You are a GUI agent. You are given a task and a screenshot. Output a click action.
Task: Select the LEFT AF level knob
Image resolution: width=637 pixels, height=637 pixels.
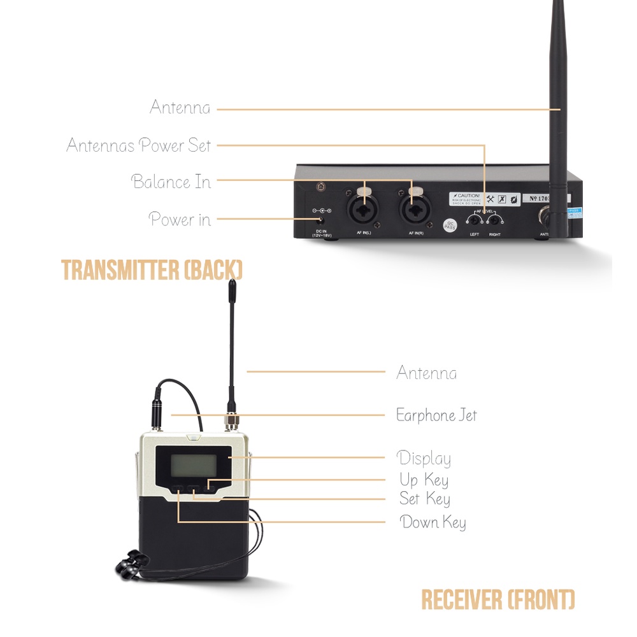(x=475, y=220)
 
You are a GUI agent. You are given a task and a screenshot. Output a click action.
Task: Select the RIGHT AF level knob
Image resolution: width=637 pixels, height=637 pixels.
(x=494, y=220)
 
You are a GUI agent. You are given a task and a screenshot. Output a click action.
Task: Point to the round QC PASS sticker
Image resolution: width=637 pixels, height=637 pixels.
(x=450, y=225)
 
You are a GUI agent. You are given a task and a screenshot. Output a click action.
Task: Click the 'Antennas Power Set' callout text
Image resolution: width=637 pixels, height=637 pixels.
(x=139, y=145)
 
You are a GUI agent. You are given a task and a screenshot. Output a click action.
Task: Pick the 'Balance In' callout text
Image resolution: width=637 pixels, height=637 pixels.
(x=171, y=182)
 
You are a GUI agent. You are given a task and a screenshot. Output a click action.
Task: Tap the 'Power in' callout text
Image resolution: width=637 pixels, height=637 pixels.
(x=179, y=219)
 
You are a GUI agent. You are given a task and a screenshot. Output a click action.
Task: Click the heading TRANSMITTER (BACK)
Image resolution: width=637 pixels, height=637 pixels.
(x=152, y=270)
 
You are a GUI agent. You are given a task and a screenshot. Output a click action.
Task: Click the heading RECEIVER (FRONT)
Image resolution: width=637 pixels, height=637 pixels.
(x=497, y=599)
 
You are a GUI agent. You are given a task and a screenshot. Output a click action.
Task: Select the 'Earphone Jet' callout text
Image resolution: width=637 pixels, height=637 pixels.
(x=436, y=415)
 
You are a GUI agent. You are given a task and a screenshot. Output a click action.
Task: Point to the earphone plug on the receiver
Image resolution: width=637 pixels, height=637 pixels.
(x=155, y=415)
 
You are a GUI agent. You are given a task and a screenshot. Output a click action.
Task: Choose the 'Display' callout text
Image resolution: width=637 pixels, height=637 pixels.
(x=424, y=458)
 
